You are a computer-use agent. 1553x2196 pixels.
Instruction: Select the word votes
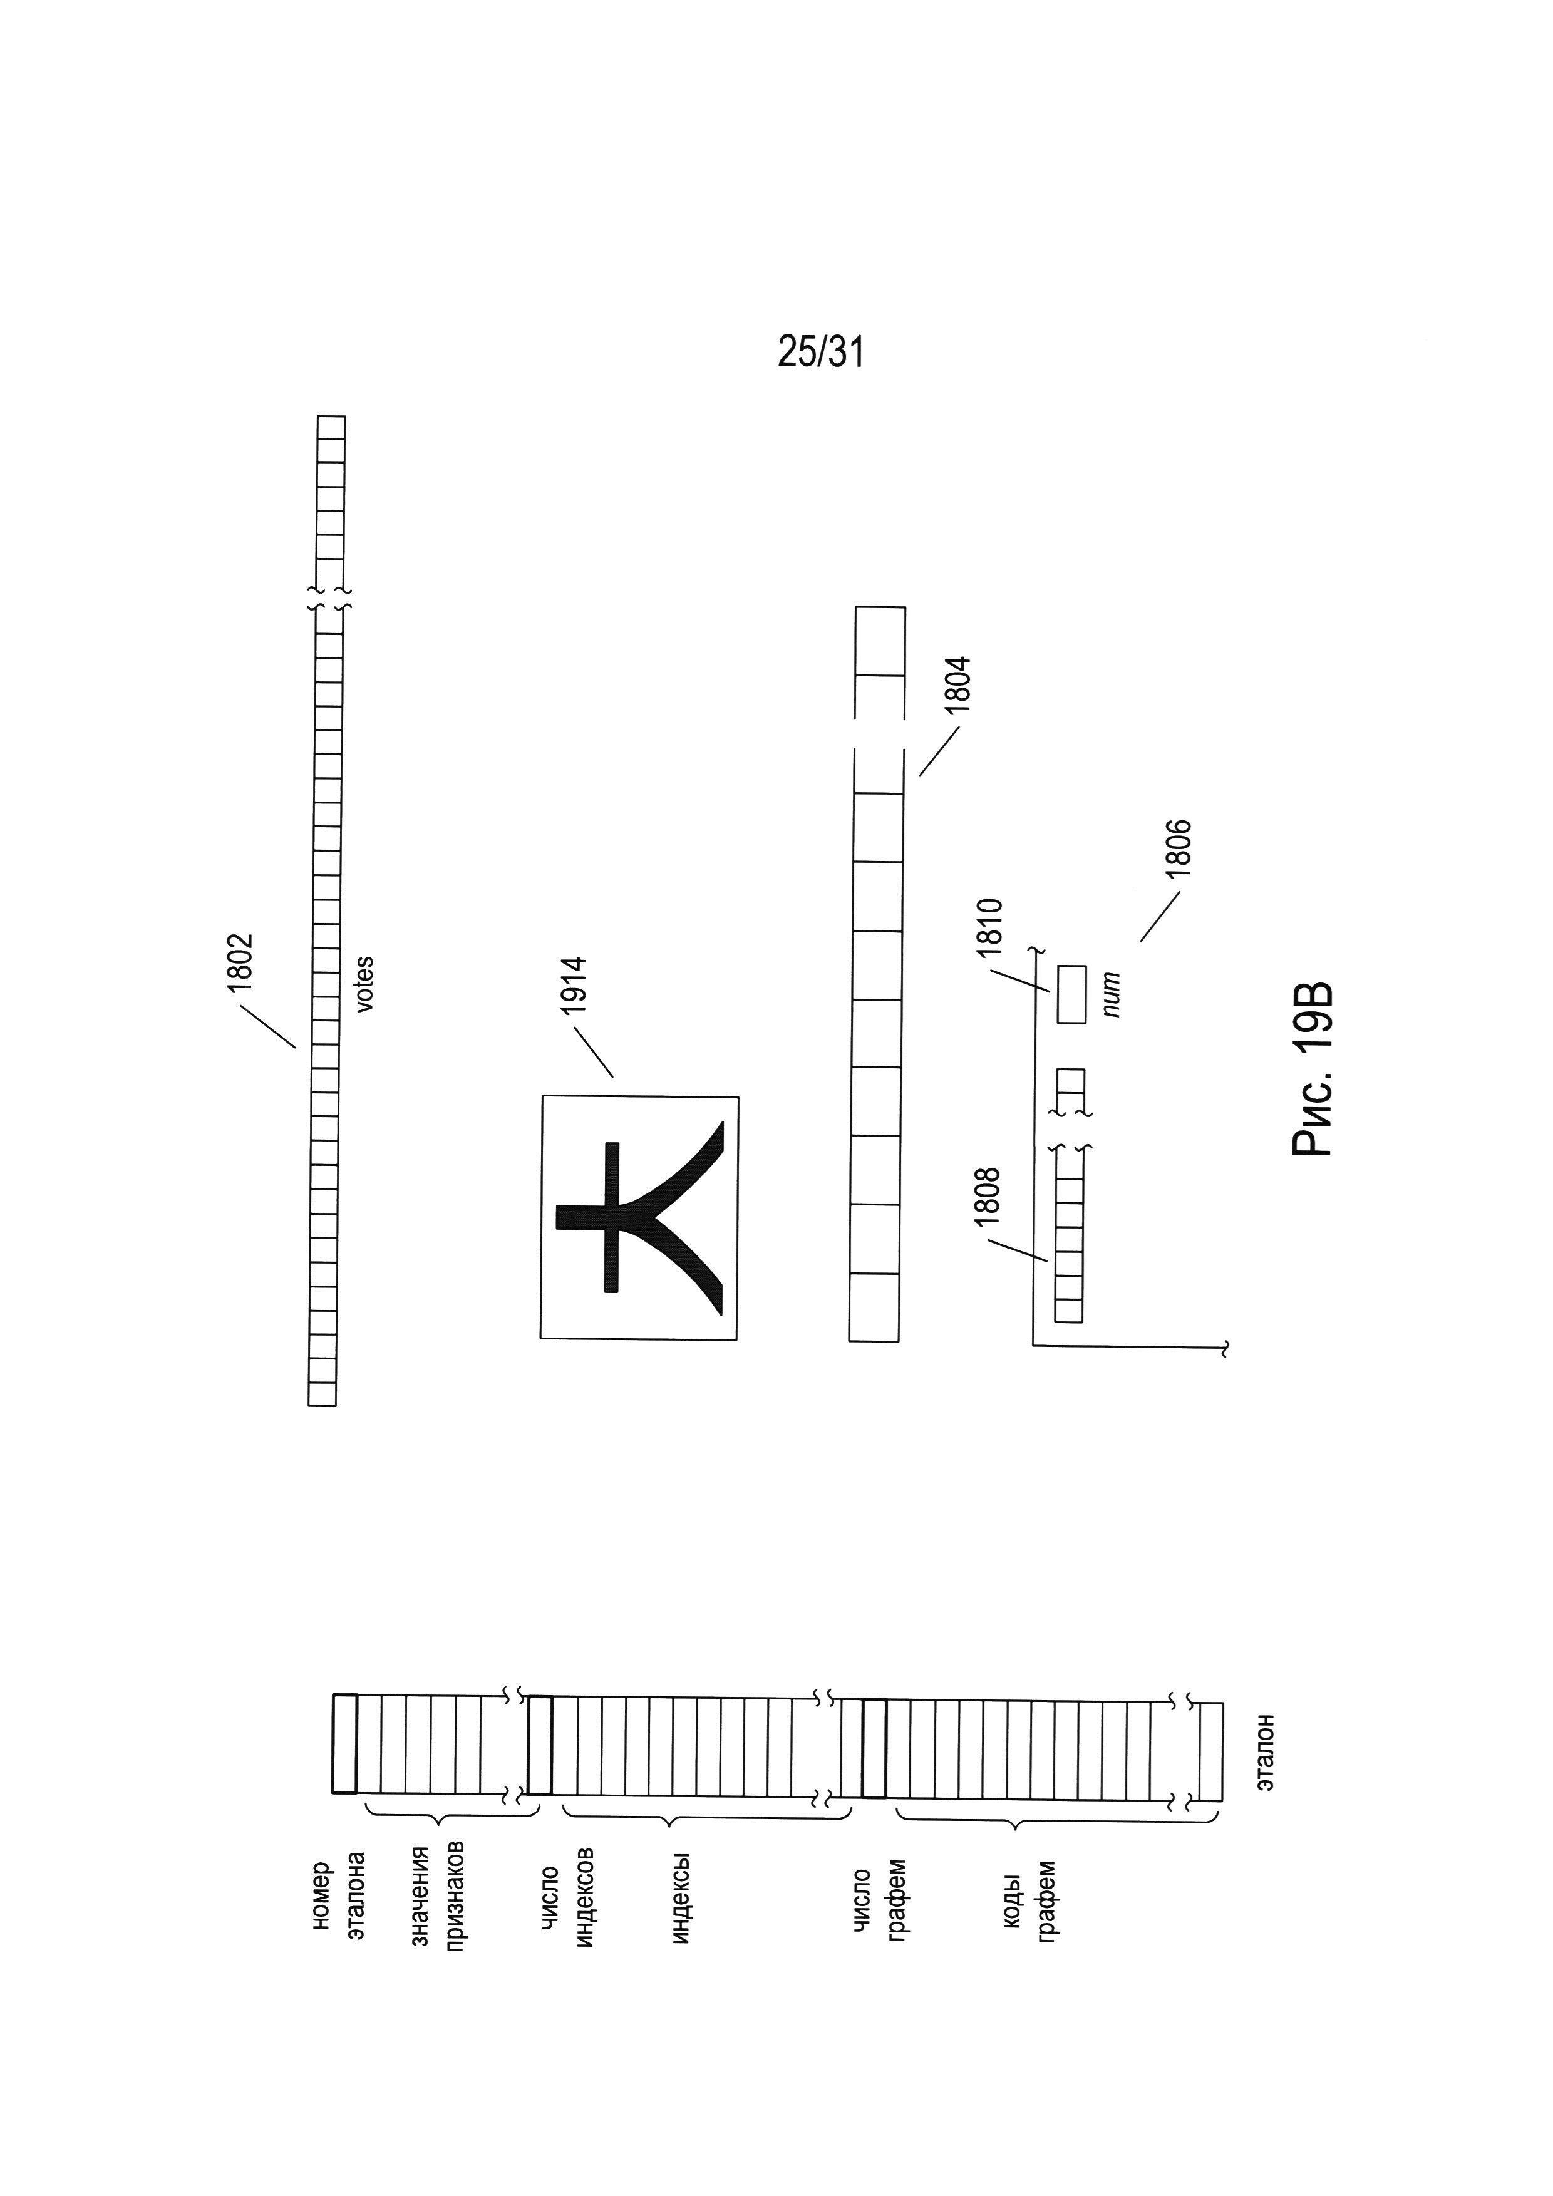click(364, 983)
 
